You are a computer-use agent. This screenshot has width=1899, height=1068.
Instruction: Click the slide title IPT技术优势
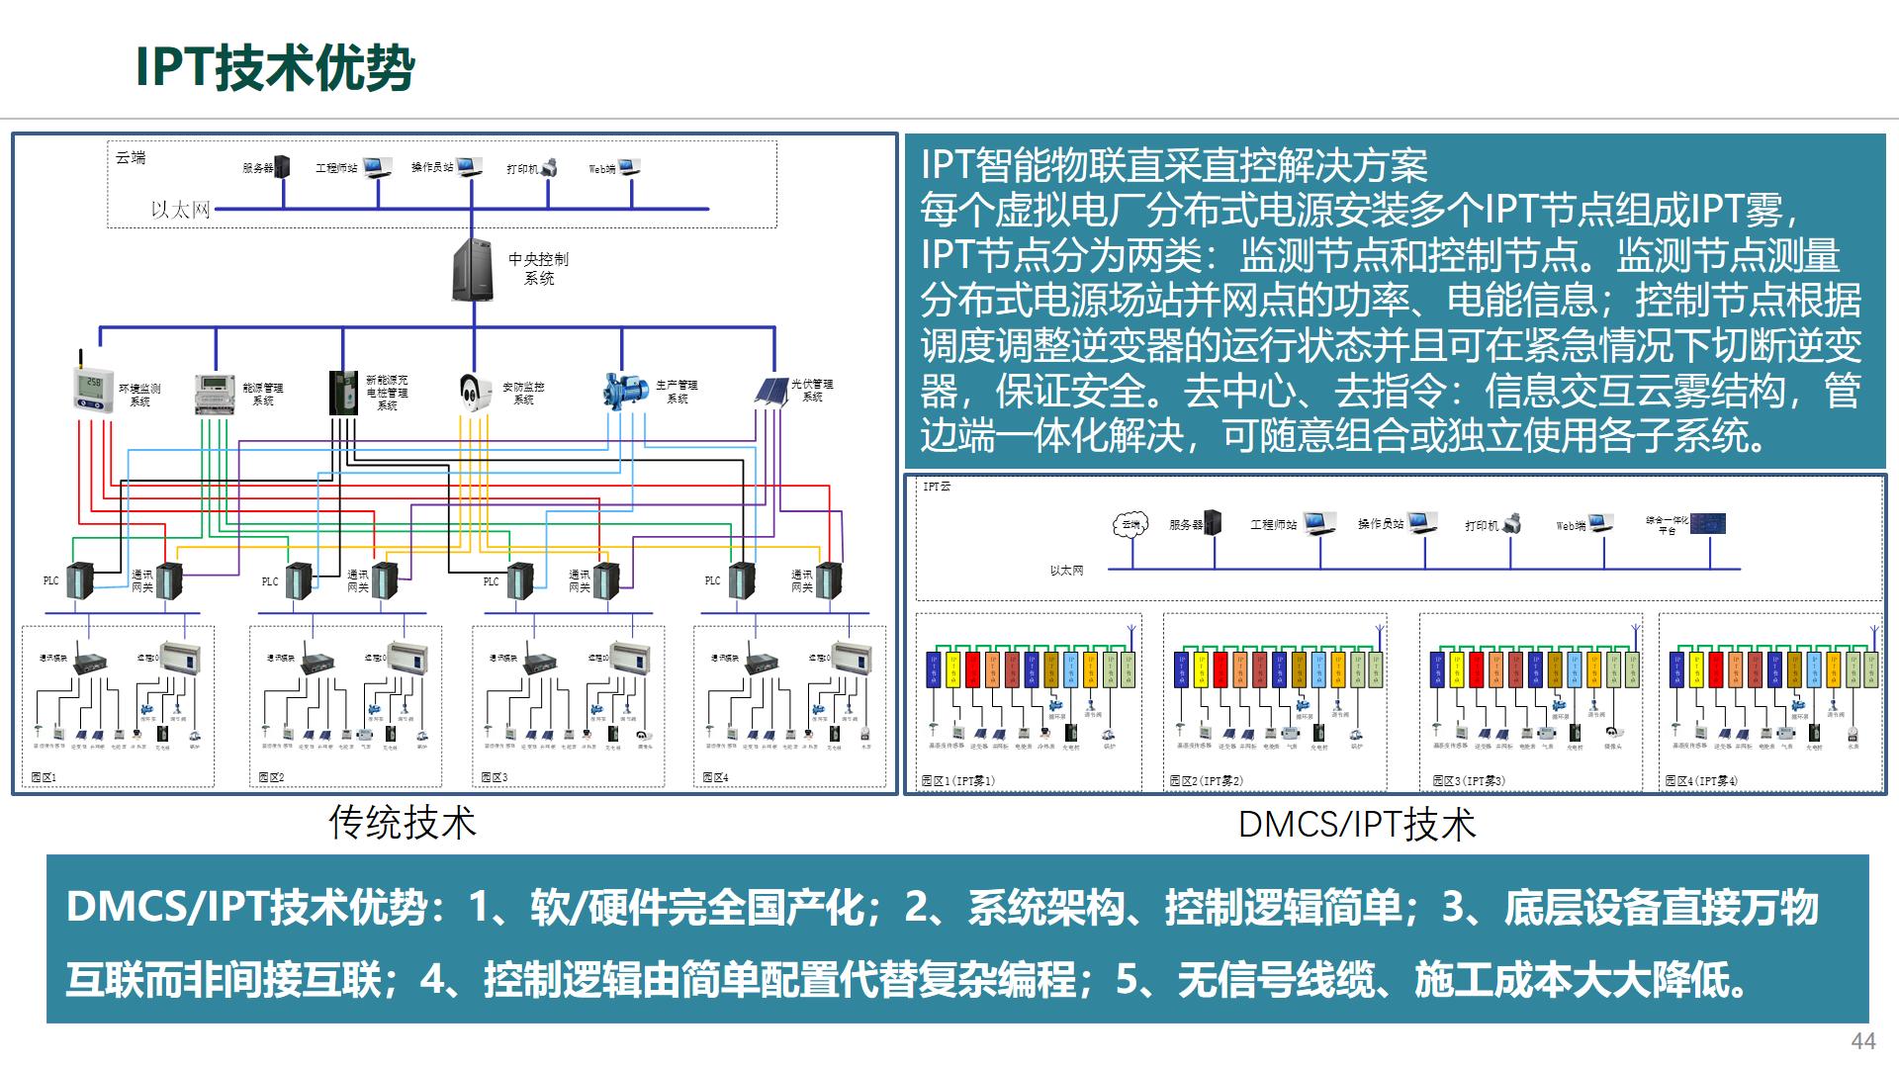275,67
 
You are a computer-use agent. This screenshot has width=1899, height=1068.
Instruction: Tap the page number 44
1862,1040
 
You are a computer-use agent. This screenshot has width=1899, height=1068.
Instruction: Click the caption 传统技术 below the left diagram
402,823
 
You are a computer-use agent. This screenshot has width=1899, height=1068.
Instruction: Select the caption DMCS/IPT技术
1356,825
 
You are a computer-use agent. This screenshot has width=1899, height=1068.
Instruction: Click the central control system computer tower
473,268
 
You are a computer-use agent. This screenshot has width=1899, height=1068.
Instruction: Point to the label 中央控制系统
538,268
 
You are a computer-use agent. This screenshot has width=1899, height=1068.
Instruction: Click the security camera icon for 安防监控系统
475,392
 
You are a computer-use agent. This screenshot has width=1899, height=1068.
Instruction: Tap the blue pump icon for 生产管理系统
624,390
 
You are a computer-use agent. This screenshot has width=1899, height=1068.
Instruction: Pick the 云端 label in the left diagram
131,158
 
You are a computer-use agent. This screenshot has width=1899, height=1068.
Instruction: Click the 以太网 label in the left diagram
180,210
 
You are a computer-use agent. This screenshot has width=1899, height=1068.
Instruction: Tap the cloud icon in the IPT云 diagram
1130,525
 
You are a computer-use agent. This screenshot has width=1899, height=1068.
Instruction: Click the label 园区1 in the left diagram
45,777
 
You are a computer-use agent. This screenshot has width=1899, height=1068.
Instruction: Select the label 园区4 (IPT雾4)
1701,780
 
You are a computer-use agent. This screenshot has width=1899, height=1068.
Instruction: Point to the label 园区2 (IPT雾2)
1206,780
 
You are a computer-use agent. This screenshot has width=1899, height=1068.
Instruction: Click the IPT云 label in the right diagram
936,487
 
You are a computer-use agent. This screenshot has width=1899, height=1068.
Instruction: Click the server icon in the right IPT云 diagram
1213,523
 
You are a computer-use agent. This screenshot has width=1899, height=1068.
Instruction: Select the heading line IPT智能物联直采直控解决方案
1174,165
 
